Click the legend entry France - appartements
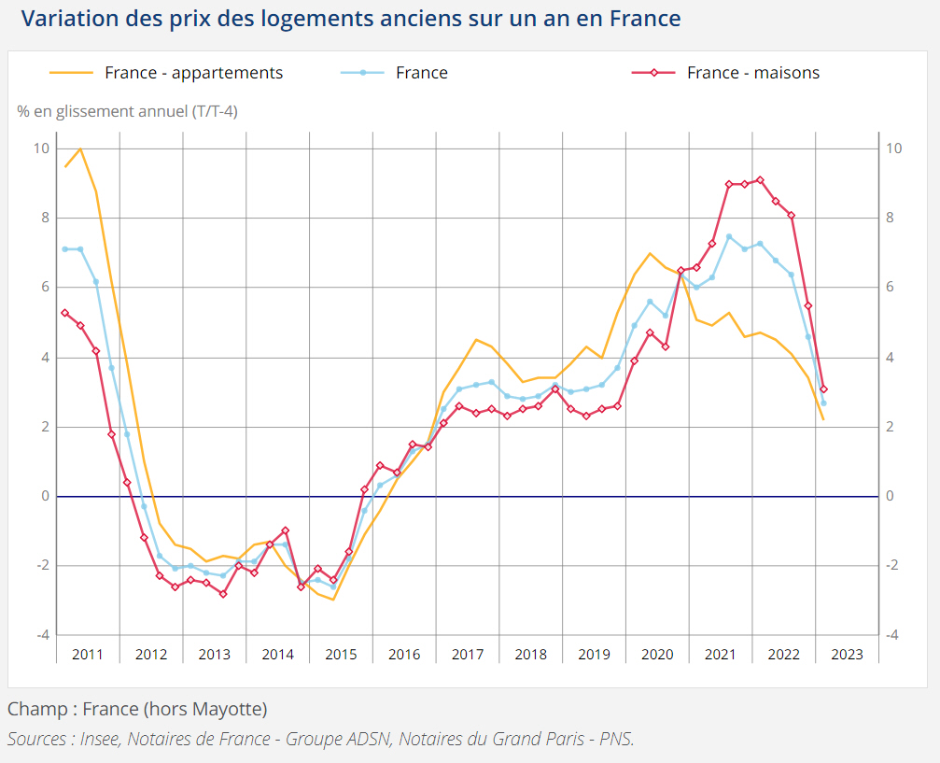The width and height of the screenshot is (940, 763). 193,73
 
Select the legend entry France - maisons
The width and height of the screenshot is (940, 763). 752,73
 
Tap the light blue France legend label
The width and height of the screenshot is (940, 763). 421,73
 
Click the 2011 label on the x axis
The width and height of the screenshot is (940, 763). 88,654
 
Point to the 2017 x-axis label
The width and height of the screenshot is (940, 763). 468,654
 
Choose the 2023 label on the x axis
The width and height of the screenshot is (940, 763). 847,654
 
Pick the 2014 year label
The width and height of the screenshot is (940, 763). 277,654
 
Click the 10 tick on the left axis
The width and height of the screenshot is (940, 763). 42,148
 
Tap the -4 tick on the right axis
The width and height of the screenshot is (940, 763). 892,635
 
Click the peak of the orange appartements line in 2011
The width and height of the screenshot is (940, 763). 80,148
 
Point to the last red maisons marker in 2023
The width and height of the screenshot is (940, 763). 823,389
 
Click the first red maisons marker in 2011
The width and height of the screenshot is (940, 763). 64,313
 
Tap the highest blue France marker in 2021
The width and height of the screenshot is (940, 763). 728,236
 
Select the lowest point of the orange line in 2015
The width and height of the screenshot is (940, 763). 333,600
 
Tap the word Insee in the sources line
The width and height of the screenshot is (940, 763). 97,739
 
